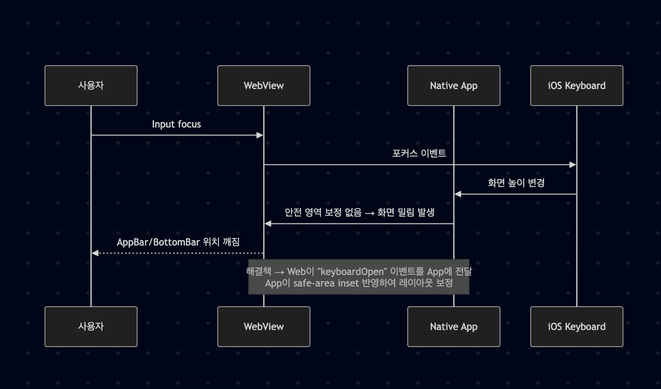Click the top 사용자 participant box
(91, 85)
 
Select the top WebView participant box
(264, 85)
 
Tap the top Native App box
(454, 85)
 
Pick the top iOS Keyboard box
(576, 85)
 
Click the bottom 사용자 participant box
(91, 326)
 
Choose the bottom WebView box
(264, 326)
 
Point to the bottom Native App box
(454, 326)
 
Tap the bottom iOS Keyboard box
(576, 326)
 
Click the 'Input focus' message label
(176, 124)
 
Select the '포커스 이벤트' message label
(419, 153)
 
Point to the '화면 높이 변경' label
(516, 183)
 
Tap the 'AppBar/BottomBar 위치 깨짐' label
(178, 242)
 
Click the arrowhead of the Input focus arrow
(259, 135)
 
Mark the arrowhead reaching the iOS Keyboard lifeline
(572, 164)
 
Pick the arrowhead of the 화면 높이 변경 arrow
(458, 194)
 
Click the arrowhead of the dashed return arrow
(95, 253)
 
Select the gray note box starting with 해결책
(359, 277)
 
